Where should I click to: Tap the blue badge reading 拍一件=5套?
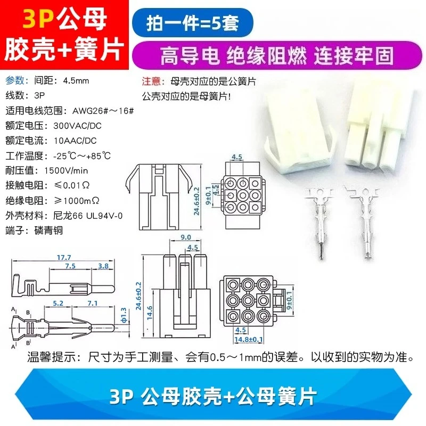tap(193, 23)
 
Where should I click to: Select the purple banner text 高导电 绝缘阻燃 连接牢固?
tap(277, 56)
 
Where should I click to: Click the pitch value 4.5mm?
tap(76, 81)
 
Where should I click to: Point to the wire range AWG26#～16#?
tap(103, 111)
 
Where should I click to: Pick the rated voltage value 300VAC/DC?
tap(77, 126)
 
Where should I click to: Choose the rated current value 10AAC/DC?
tap(75, 141)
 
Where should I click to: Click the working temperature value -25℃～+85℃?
tap(82, 156)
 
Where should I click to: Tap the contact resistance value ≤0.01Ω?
tap(72, 185)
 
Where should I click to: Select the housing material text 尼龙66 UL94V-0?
tap(88, 216)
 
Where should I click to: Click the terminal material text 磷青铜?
tap(48, 231)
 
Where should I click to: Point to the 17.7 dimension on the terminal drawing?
tap(64, 257)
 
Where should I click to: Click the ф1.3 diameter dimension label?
tap(124, 315)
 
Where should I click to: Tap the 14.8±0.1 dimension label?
tap(249, 339)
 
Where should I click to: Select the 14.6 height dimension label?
tap(150, 313)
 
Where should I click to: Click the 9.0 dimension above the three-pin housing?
tap(186, 237)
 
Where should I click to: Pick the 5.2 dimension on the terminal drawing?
tap(58, 303)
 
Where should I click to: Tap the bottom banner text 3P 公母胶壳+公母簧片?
tap(214, 397)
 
